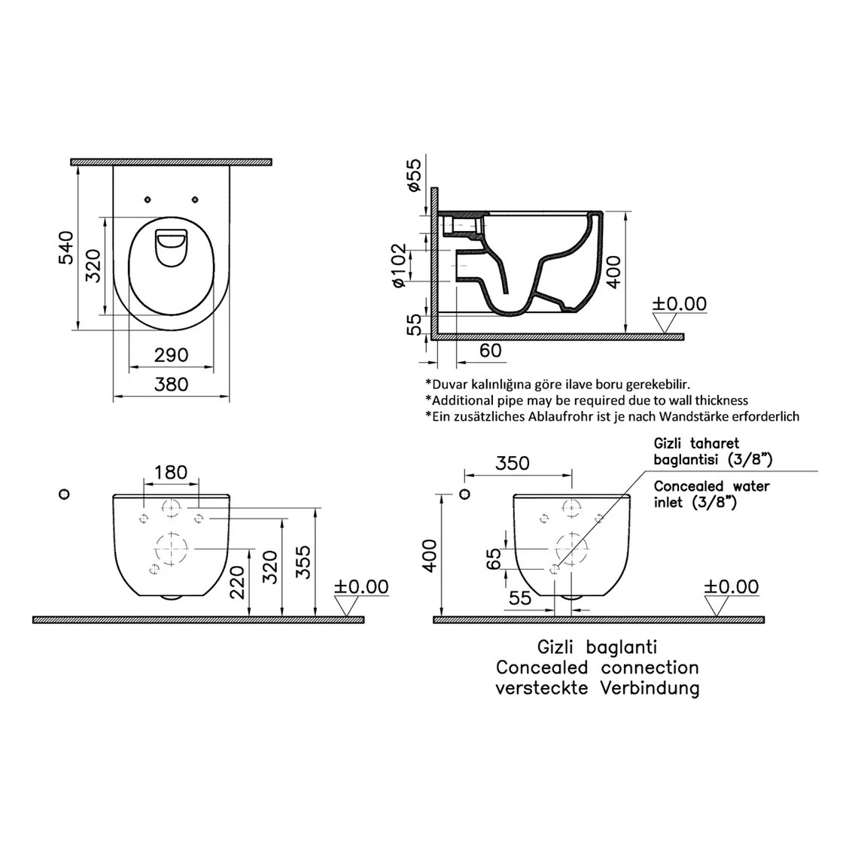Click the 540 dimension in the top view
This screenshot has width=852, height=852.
(66, 247)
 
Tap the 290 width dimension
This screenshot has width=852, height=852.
(171, 355)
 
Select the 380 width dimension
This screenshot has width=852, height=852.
(171, 385)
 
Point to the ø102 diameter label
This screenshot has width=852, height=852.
(400, 265)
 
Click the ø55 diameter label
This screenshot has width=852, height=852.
(414, 175)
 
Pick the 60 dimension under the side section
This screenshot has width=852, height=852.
(490, 351)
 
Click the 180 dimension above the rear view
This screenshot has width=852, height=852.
(171, 472)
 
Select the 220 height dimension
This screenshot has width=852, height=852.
(237, 581)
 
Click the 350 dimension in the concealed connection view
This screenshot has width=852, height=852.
(513, 463)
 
